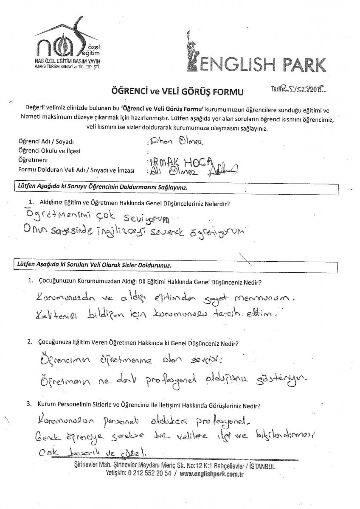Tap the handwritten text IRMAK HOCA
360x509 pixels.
(x=174, y=162)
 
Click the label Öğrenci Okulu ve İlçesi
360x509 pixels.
(x=49, y=151)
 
